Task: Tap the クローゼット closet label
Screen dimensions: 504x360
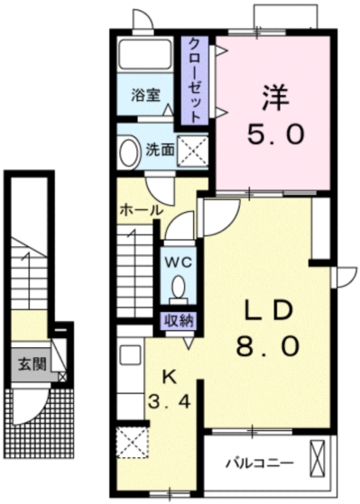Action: pyautogui.click(x=192, y=79)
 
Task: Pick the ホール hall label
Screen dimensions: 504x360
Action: pyautogui.click(x=141, y=209)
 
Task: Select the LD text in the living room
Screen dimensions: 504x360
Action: pyautogui.click(x=268, y=311)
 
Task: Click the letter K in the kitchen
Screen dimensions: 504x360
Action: pyautogui.click(x=167, y=376)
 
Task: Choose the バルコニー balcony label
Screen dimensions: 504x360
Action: pyautogui.click(x=258, y=463)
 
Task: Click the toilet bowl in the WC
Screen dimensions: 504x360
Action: pyautogui.click(x=178, y=286)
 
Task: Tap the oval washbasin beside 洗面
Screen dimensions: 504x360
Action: pyautogui.click(x=128, y=150)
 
